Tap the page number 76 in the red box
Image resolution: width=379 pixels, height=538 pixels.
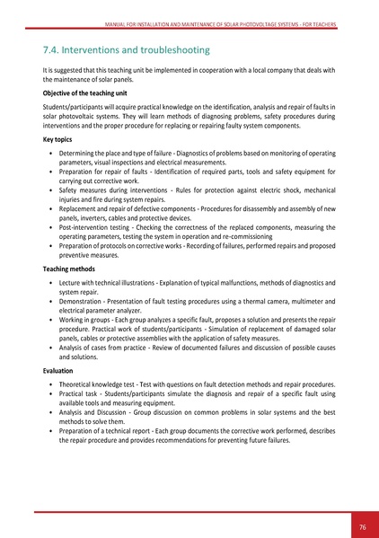(x=362, y=526)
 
